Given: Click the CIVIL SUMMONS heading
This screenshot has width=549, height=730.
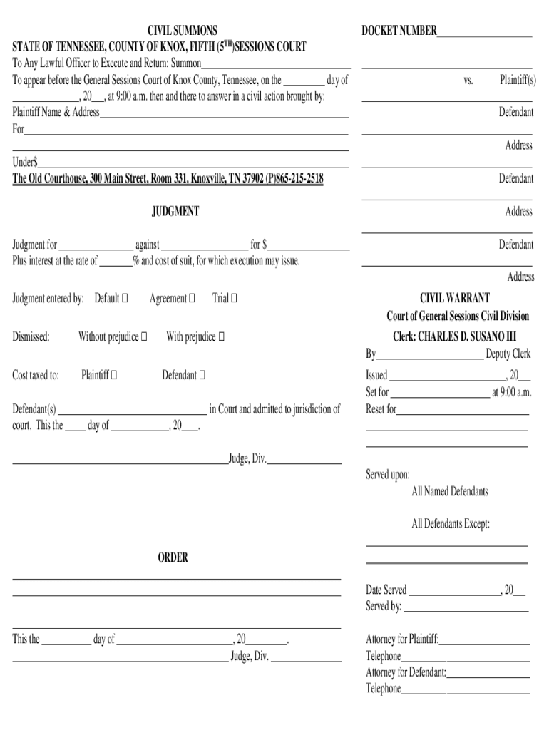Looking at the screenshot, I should (x=182, y=31).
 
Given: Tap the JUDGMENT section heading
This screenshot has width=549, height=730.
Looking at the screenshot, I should (x=175, y=212).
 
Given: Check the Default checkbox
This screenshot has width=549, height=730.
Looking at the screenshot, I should (x=125, y=299).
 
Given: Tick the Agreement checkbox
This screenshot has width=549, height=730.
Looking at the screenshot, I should (x=191, y=299).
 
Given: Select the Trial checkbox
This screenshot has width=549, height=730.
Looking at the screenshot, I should (x=235, y=299).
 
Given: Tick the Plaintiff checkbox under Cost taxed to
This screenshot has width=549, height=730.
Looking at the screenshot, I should (x=114, y=375).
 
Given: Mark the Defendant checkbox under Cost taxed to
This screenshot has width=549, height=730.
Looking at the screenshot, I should (x=202, y=375).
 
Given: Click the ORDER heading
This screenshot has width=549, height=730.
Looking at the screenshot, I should (x=173, y=557).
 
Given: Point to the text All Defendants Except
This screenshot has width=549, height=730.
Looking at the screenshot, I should (x=451, y=525).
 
